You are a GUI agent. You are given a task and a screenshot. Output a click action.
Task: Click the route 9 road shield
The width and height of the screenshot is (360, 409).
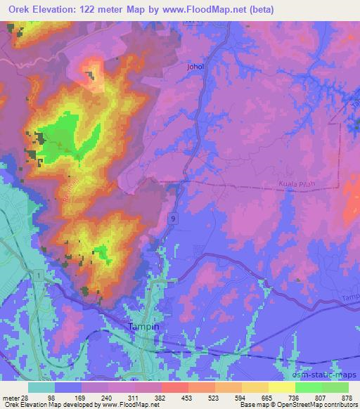(x=172, y=219)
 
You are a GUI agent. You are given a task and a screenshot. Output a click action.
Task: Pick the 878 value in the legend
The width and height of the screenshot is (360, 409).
(x=347, y=397)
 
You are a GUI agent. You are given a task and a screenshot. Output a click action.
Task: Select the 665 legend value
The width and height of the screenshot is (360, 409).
(x=266, y=397)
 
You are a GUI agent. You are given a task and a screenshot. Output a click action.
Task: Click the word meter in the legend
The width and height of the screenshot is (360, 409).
(x=10, y=397)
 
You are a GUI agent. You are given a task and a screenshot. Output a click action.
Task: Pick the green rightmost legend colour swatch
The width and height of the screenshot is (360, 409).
(x=335, y=387)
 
